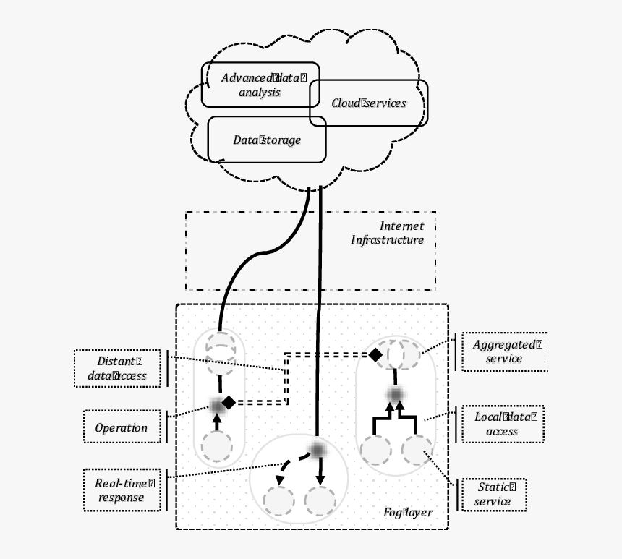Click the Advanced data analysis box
tap(260, 85)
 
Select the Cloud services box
tap(369, 103)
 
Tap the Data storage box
tap(267, 140)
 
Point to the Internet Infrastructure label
tap(388, 234)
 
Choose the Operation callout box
tap(121, 427)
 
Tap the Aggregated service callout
tap(504, 351)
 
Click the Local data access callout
tap(503, 424)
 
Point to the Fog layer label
tap(408, 513)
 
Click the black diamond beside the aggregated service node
tap(375, 354)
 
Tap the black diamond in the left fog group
tap(229, 402)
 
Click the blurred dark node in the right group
tap(395, 393)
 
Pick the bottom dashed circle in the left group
tap(216, 447)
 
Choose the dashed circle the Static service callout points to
tap(417, 451)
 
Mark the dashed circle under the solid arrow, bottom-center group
tap(320, 500)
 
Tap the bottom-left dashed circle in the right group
tap(376, 451)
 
